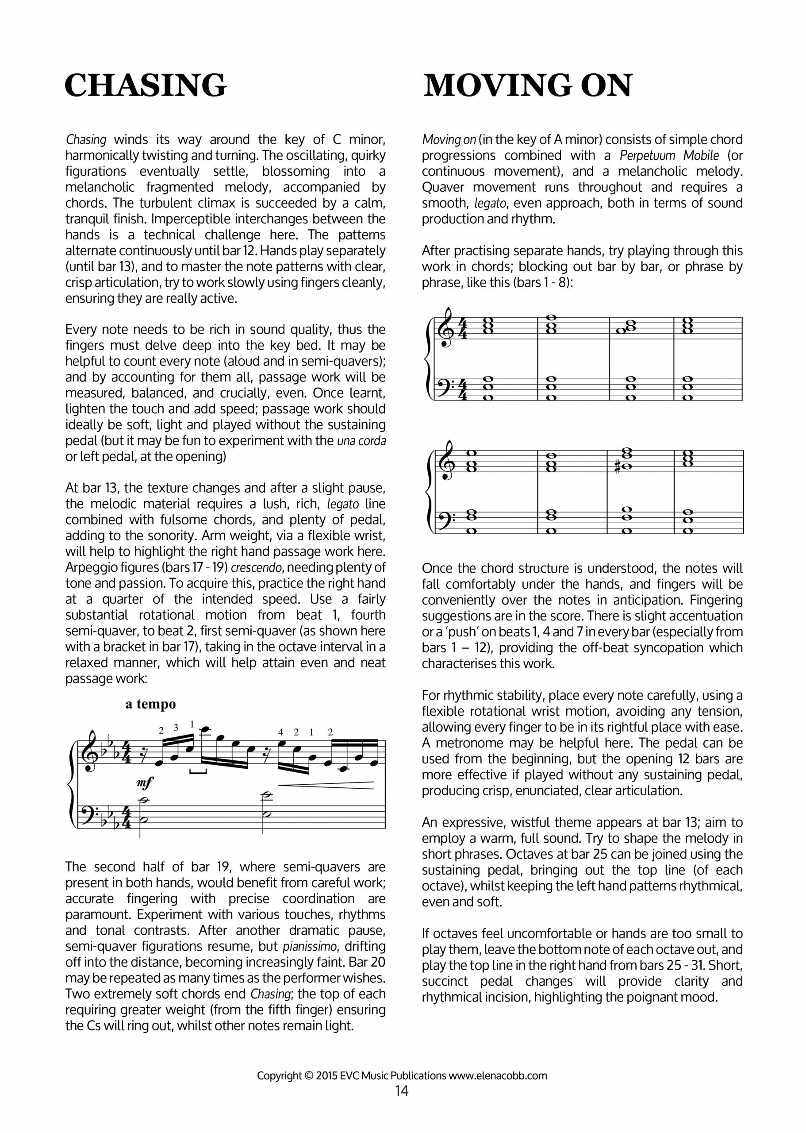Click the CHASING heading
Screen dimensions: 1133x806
146,85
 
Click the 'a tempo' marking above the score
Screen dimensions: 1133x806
150,704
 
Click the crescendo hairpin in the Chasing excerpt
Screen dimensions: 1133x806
326,784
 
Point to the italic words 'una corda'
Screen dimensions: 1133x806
361,441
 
